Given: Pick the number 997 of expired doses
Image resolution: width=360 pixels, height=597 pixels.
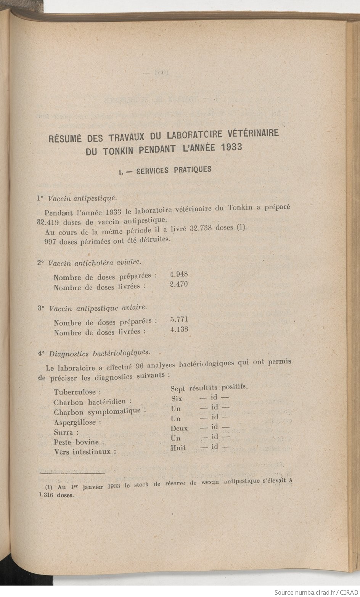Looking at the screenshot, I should (x=51, y=242).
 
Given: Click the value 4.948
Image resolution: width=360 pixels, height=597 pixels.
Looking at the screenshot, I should (x=178, y=274).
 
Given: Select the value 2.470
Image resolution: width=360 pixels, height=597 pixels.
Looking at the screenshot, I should (x=178, y=284).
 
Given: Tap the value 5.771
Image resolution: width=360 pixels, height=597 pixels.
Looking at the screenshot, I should (x=179, y=319).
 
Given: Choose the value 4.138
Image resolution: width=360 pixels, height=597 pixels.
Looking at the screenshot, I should (x=179, y=329).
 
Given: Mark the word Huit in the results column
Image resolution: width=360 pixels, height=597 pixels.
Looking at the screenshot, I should (x=178, y=448).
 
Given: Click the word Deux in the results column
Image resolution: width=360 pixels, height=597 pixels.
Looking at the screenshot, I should (x=179, y=428).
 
